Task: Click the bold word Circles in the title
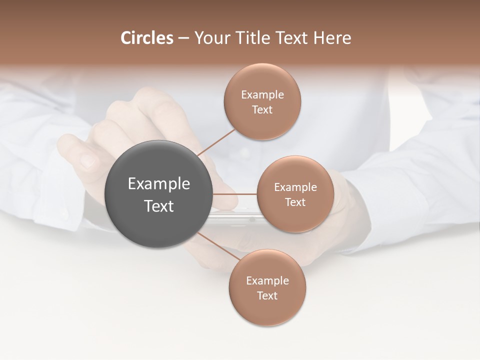pyautogui.click(x=147, y=38)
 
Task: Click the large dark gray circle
pyautogui.click(x=158, y=194)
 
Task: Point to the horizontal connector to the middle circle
pyautogui.click(x=234, y=194)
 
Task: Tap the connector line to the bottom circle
pyautogui.click(x=219, y=246)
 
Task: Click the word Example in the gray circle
pyautogui.click(x=159, y=184)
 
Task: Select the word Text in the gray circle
pyautogui.click(x=159, y=206)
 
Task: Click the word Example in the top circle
pyautogui.click(x=262, y=95)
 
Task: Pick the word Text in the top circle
pyautogui.click(x=262, y=110)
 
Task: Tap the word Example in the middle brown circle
pyautogui.click(x=295, y=187)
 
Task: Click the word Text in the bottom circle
pyautogui.click(x=267, y=296)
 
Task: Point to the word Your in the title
pyautogui.click(x=210, y=38)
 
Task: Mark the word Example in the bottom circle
pyautogui.click(x=267, y=281)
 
